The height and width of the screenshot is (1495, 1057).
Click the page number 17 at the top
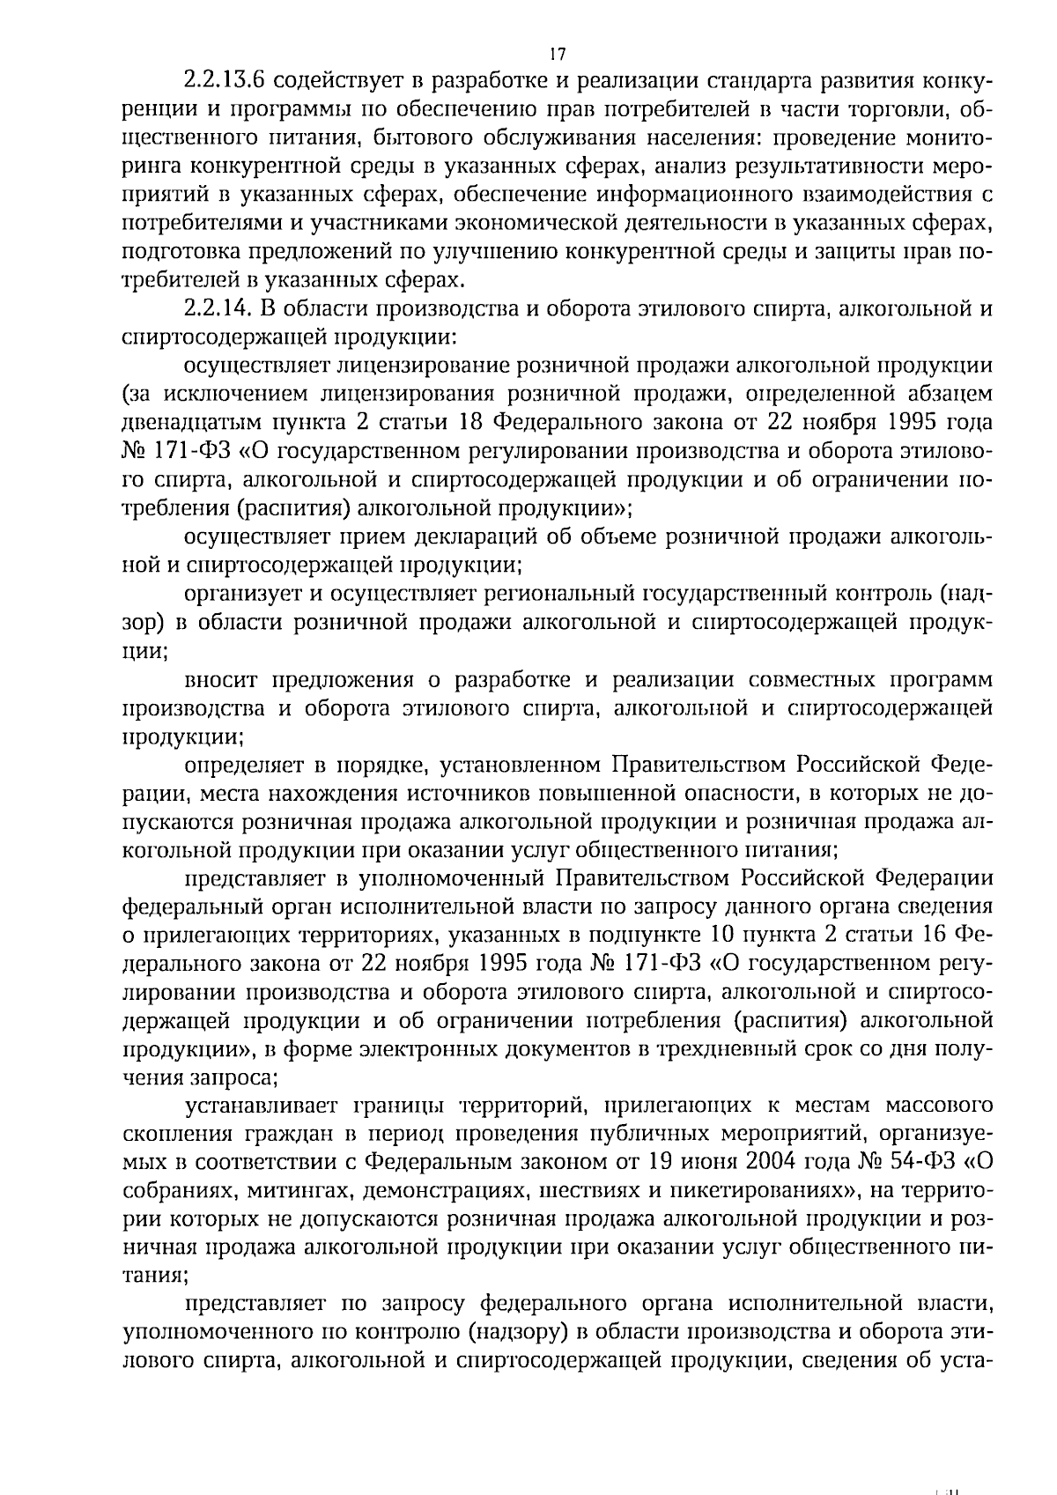[556, 54]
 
